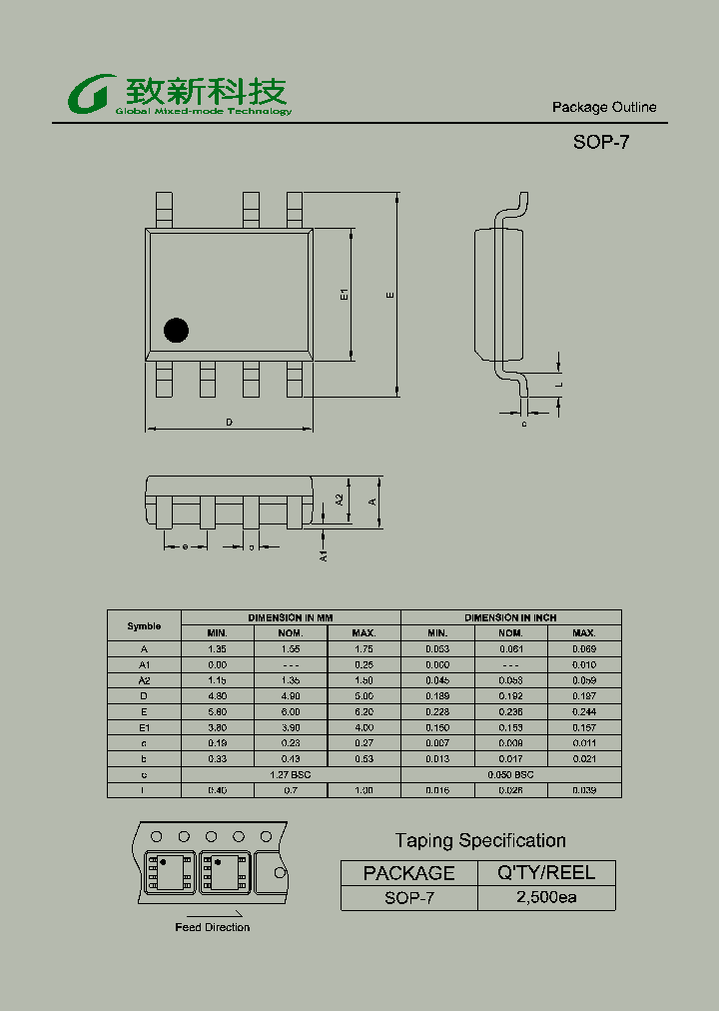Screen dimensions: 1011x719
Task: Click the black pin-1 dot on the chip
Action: (x=177, y=331)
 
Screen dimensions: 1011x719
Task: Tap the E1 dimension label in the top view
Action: (x=343, y=295)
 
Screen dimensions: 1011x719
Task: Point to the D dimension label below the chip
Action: (x=229, y=423)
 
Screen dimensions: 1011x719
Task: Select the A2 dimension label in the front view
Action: (x=340, y=499)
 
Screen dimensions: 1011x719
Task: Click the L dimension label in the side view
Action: (x=560, y=384)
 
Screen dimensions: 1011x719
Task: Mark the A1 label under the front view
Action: (x=324, y=555)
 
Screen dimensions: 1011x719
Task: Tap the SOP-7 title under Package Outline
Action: (x=600, y=142)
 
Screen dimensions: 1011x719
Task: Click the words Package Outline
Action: (x=604, y=108)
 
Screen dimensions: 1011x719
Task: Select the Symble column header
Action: (x=144, y=625)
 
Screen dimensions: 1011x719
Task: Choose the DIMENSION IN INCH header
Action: (x=510, y=617)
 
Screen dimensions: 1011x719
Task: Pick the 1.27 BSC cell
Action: (x=291, y=774)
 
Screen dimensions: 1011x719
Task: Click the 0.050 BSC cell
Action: (x=510, y=774)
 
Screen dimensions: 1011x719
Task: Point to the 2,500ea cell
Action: (x=546, y=897)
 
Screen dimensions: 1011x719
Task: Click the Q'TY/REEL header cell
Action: (x=546, y=872)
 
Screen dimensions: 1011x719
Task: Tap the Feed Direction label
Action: (x=212, y=927)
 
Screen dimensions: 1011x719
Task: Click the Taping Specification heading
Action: (x=480, y=841)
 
